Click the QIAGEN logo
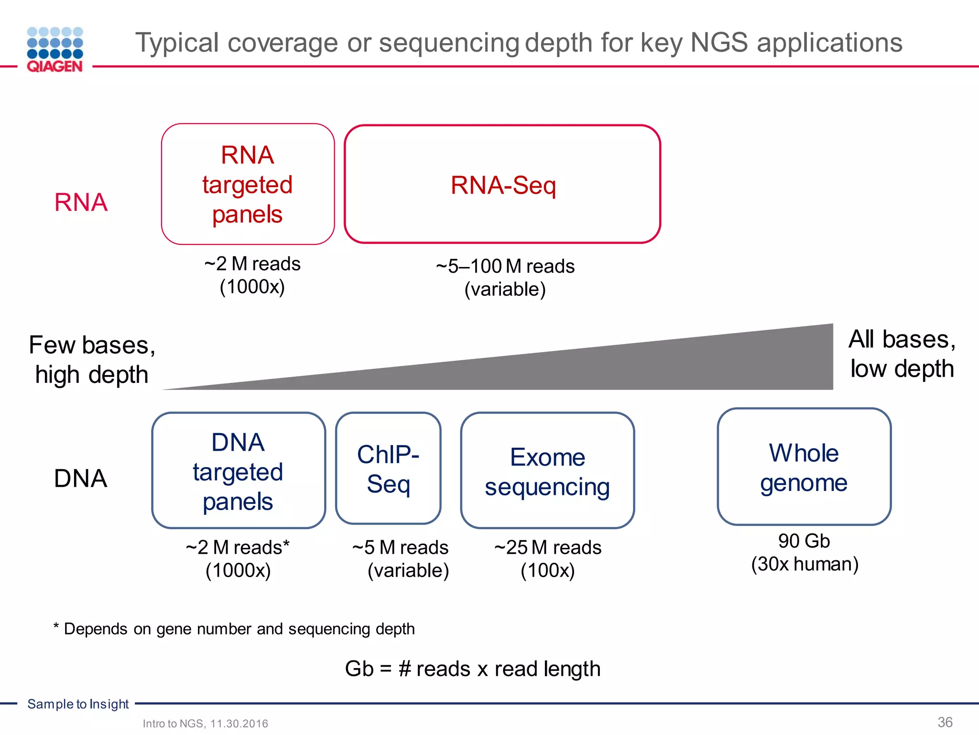click(x=55, y=50)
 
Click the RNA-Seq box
click(x=502, y=185)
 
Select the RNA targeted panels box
click(x=248, y=185)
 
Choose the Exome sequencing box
click(x=547, y=471)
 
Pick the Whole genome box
click(x=804, y=467)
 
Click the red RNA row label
click(x=81, y=202)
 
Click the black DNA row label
click(x=80, y=479)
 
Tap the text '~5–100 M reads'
click(x=505, y=267)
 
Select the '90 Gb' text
click(x=804, y=541)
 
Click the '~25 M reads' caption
click(x=548, y=547)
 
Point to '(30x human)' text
click(x=805, y=564)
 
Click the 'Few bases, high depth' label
click(x=92, y=360)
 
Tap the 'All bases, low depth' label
click(x=902, y=354)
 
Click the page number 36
click(x=945, y=722)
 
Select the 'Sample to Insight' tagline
click(x=78, y=704)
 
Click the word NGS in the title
click(x=719, y=43)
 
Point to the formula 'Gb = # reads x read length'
click(x=472, y=669)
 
